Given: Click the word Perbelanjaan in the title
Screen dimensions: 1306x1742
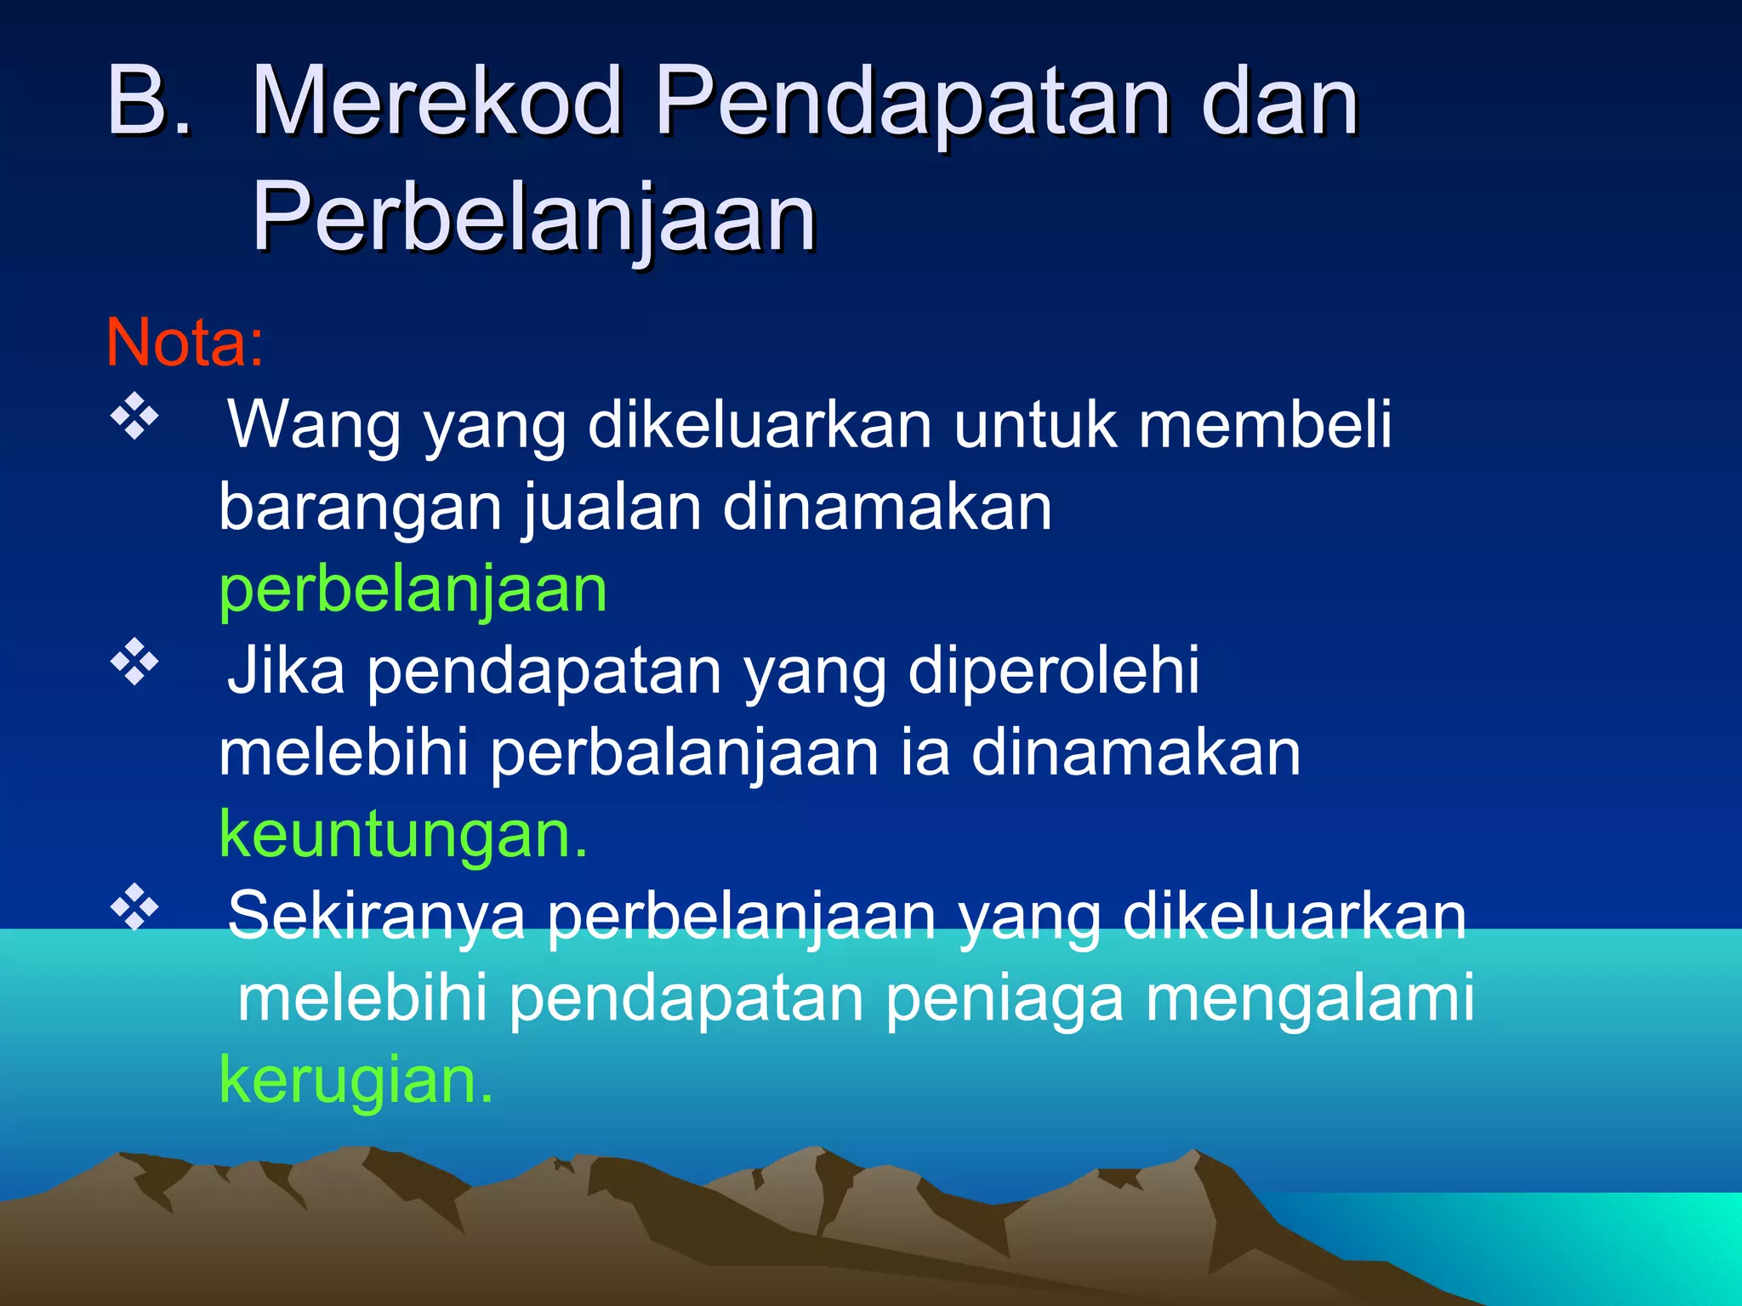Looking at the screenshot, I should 534,219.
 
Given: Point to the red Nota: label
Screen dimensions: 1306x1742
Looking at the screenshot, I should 185,342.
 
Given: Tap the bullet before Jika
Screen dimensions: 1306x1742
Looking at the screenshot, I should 134,662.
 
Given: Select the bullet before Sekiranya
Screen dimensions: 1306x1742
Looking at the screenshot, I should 134,907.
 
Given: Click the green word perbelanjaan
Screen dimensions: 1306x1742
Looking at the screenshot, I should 413,591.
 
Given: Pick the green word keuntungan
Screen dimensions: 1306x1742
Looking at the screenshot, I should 403,836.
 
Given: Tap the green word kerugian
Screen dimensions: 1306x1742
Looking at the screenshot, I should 356,1081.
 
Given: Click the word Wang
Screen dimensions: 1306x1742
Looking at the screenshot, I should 314,424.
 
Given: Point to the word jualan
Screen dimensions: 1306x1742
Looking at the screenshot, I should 612,508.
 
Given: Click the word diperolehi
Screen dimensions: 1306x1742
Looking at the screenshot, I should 1054,671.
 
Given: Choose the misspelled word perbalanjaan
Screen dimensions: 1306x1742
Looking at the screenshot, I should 685,754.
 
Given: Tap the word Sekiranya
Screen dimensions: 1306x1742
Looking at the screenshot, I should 376,916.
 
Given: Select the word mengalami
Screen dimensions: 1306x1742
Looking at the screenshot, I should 1310,999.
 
